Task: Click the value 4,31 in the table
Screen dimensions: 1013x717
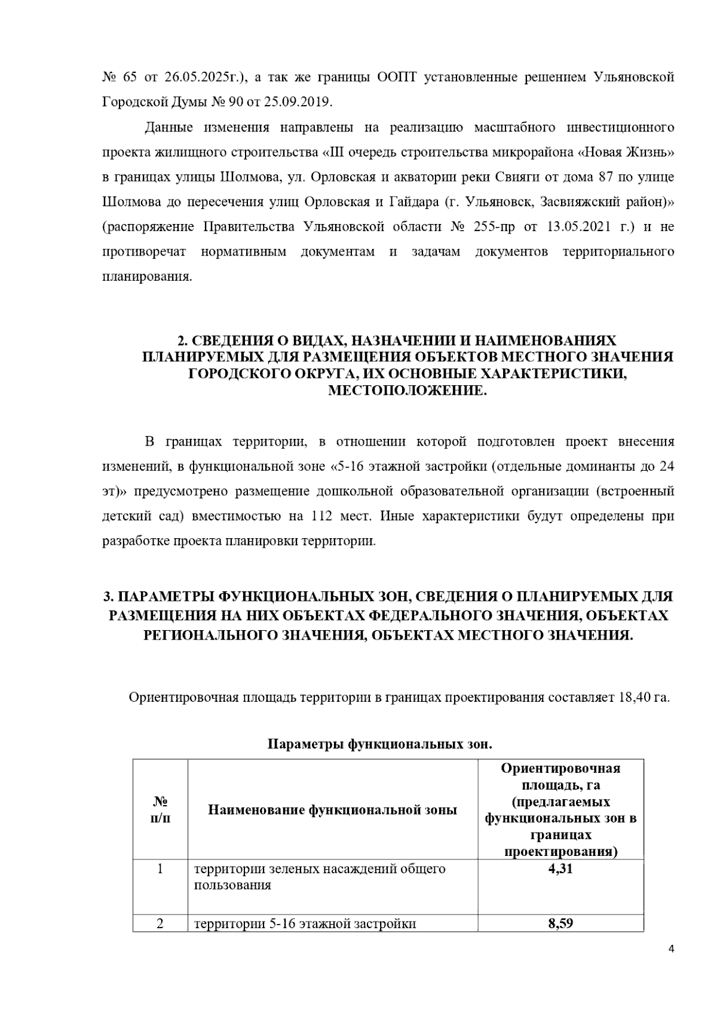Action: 560,869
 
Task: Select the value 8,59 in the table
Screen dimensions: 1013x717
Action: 560,924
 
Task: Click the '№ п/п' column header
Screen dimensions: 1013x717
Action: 160,810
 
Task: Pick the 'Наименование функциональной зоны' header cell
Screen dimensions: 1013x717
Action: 332,810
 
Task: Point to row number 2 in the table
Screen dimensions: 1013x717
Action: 160,924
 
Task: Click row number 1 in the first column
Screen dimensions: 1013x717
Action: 160,869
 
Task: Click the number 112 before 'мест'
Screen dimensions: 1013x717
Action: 321,516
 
